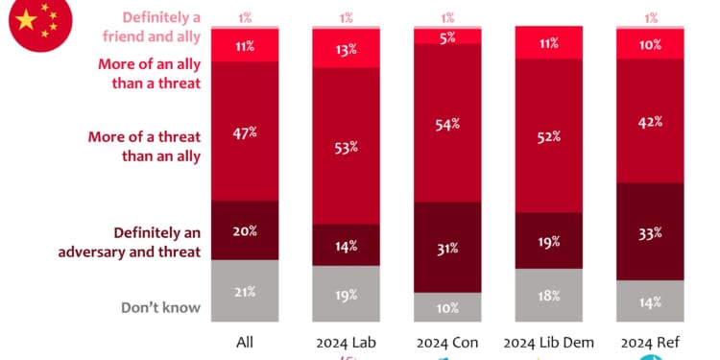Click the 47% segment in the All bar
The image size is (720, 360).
point(244,132)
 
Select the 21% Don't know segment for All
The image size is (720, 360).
point(244,290)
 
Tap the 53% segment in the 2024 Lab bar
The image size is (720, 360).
point(346,146)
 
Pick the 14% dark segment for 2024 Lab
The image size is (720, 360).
point(346,245)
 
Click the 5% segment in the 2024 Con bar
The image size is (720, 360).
point(447,36)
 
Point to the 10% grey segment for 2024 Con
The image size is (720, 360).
point(447,306)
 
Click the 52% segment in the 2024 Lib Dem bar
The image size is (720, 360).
point(549,137)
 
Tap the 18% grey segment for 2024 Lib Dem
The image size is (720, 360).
point(549,295)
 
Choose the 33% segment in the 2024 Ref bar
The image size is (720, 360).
point(651,231)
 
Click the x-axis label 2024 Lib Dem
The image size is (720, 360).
point(549,343)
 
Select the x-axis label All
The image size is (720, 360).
point(244,343)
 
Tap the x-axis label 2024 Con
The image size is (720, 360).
point(447,343)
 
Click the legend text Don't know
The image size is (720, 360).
point(160,307)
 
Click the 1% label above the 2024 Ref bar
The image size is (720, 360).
point(651,17)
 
